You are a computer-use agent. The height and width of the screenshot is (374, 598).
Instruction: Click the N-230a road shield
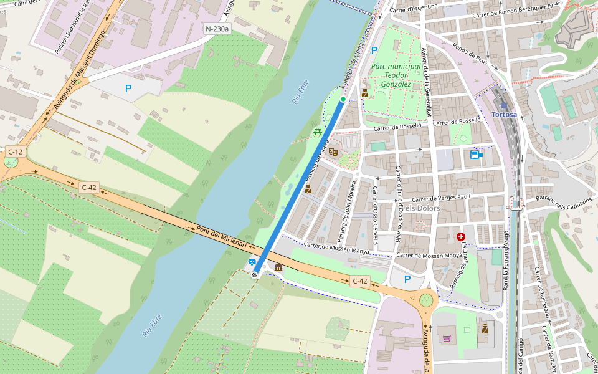coord(217,29)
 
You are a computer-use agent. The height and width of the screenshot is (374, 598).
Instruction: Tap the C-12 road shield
coord(16,151)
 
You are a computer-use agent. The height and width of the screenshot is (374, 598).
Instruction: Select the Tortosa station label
coord(504,115)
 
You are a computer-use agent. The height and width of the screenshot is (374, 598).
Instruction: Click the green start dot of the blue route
coord(343,99)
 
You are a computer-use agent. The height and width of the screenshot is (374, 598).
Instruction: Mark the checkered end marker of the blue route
coord(255,274)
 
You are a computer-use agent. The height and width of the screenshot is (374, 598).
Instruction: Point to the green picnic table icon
coord(318,132)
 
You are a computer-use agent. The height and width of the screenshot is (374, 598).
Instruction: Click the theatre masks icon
coord(333,150)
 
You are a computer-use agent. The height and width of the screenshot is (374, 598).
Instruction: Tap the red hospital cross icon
coord(461,237)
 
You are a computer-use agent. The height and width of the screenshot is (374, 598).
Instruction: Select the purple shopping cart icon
coord(447,339)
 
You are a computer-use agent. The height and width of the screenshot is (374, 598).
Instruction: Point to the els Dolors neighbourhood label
coord(422,208)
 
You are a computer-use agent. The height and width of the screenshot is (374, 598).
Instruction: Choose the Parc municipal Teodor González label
coord(391,75)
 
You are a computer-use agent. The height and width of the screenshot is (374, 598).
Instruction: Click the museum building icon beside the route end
coord(278,268)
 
